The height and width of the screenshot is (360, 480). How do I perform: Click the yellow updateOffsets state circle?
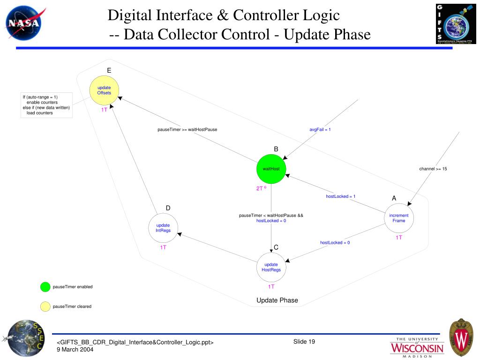(104, 90)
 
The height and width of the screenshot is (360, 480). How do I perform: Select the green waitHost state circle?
(271, 169)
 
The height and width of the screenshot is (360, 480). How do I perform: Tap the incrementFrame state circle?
(399, 218)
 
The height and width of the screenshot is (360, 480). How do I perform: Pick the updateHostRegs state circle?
(271, 267)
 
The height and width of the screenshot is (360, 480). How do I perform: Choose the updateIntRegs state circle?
(163, 227)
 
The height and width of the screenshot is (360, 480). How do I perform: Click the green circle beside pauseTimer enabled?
(45, 287)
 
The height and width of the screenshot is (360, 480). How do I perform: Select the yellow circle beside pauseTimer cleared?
(45, 307)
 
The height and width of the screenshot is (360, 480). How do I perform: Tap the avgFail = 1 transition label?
(320, 129)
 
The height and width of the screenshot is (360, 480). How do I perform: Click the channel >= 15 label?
(433, 169)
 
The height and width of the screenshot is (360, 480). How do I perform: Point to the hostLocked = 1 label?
(341, 196)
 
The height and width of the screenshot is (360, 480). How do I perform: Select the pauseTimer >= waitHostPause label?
(187, 129)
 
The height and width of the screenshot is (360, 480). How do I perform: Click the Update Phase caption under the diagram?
(277, 300)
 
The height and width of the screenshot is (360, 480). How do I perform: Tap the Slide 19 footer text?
(304, 341)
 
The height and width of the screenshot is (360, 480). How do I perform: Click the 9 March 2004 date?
(75, 350)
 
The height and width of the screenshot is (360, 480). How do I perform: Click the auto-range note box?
(46, 105)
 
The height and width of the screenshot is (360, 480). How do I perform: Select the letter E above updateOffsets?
(109, 71)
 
